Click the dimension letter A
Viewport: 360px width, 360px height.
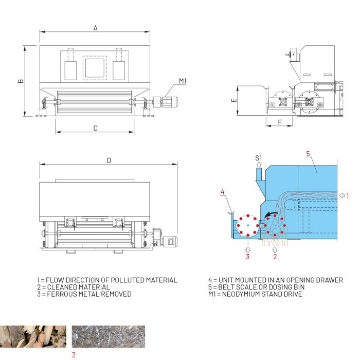point(96,28)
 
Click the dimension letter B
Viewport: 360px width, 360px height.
point(21,81)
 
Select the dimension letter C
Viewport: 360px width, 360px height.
point(96,128)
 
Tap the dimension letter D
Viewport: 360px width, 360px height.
point(109,160)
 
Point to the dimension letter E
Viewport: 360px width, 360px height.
point(234,100)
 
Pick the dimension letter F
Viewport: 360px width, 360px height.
point(280,122)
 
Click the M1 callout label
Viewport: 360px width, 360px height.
point(183,81)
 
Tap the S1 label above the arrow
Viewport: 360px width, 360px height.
point(259,158)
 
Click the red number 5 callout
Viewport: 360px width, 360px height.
point(308,154)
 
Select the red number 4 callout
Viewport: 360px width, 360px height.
point(222,192)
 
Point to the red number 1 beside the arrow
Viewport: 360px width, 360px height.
point(348,195)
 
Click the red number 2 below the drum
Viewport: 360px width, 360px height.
point(275,257)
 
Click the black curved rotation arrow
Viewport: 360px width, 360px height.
point(271,215)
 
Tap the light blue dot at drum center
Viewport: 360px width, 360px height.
point(248,225)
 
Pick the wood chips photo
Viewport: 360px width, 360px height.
point(33,336)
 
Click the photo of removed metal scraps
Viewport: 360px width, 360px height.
point(109,336)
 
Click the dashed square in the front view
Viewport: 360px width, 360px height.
point(95,68)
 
